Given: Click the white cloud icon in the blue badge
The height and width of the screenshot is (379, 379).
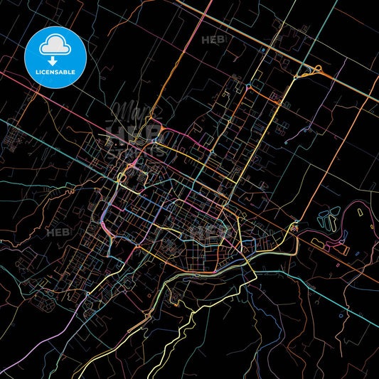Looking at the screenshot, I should click(55, 43).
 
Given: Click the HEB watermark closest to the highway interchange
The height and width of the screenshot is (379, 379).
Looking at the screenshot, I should click(214, 41).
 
